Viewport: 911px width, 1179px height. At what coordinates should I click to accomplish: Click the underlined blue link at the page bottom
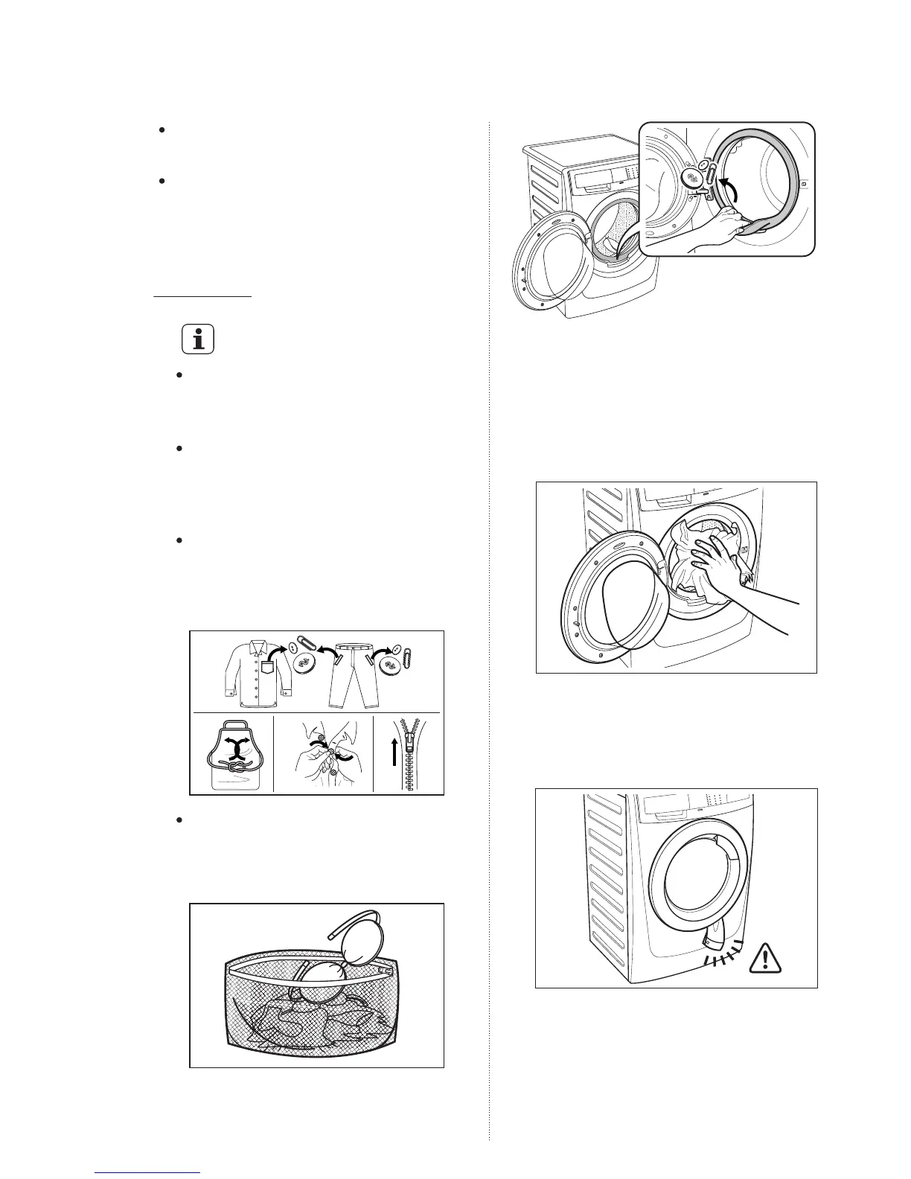click(x=149, y=1173)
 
